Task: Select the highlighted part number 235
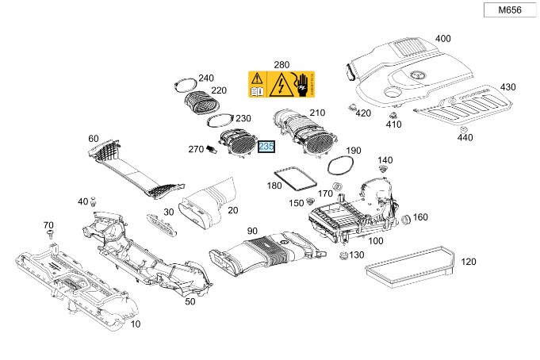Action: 266,147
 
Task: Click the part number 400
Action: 442,38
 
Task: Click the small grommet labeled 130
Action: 343,255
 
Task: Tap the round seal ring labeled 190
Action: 339,163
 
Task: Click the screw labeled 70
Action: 50,235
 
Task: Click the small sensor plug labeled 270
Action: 212,150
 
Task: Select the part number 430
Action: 507,86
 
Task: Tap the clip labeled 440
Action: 465,128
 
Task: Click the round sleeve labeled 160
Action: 403,219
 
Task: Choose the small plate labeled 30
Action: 160,224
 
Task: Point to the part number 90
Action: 252,232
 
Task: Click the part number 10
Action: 135,324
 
